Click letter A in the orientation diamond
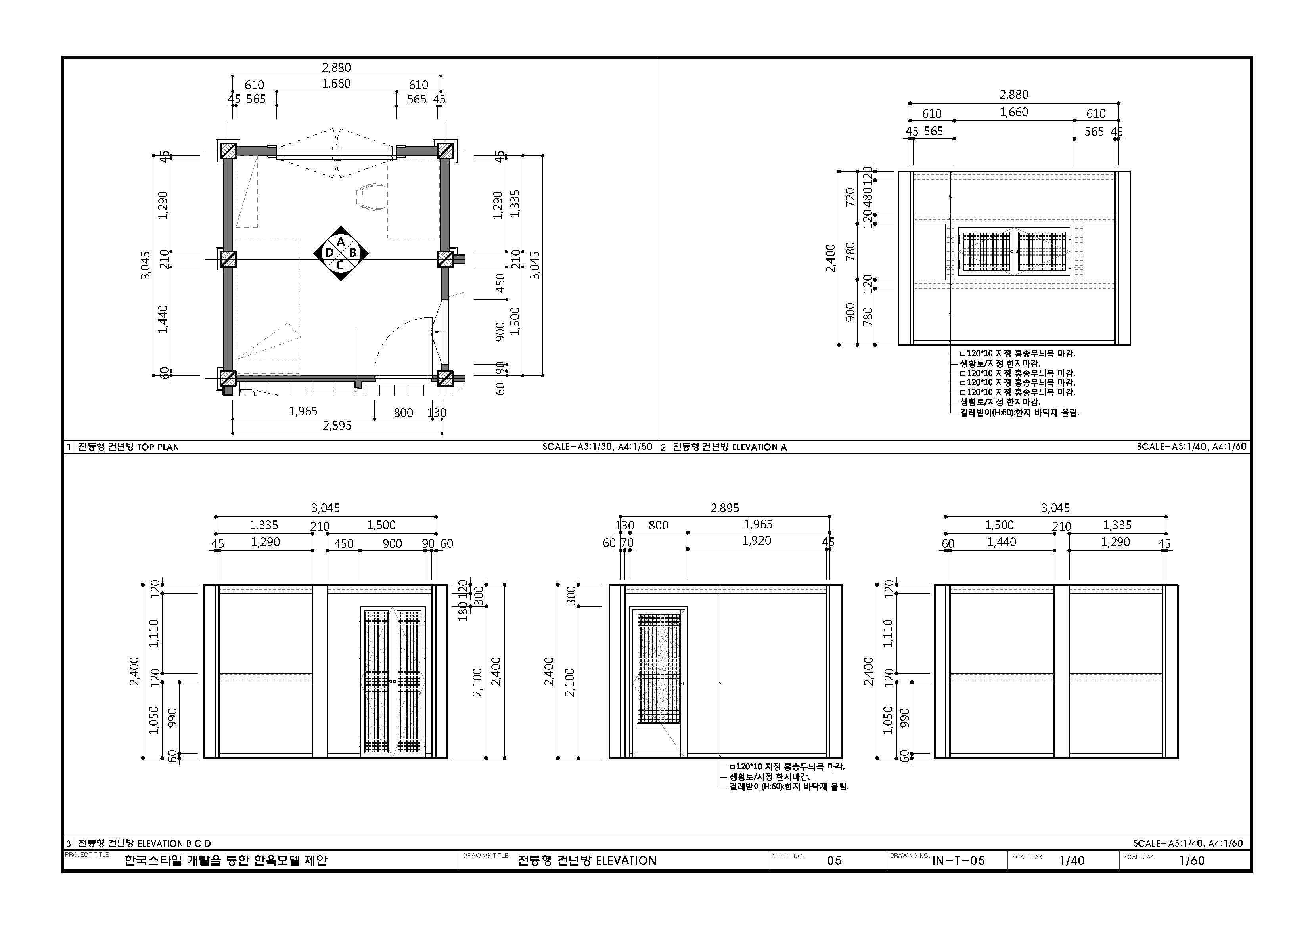click(341, 242)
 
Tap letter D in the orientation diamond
click(329, 253)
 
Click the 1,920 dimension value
click(757, 540)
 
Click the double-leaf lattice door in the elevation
click(393, 682)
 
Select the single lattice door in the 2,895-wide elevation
click(659, 682)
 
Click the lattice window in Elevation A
click(1014, 251)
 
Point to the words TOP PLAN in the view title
click(158, 447)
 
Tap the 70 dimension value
click(627, 543)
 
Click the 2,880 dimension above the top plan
click(337, 67)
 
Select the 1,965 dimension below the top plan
click(303, 411)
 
